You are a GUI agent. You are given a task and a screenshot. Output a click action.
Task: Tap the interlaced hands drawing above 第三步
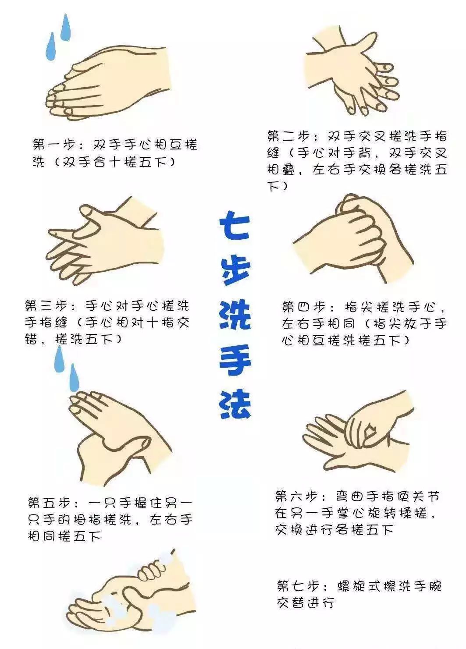pyautogui.click(x=105, y=241)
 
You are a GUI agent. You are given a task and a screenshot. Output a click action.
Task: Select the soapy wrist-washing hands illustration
pyautogui.click(x=132, y=596)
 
